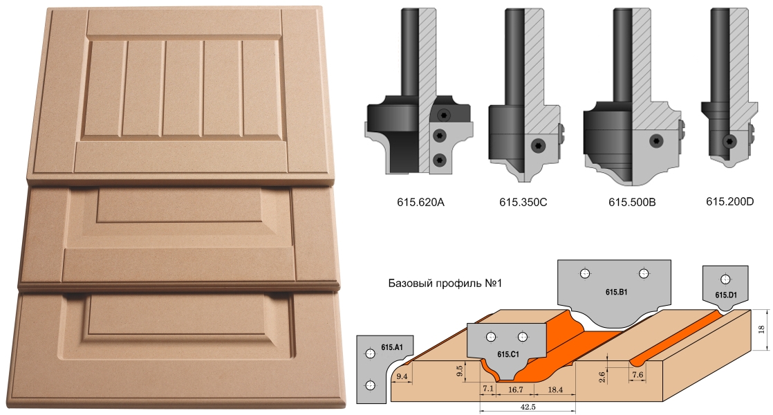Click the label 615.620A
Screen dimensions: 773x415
[420, 202]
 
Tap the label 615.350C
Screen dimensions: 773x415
[523, 202]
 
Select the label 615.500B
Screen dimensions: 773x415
[632, 202]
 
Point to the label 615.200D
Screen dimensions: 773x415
[729, 201]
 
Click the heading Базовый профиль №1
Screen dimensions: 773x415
[445, 284]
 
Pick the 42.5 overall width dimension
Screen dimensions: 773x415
[528, 407]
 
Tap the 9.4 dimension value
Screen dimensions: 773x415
[402, 376]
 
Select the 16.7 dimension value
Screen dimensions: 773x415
[515, 389]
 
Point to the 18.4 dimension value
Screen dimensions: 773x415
[555, 389]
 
